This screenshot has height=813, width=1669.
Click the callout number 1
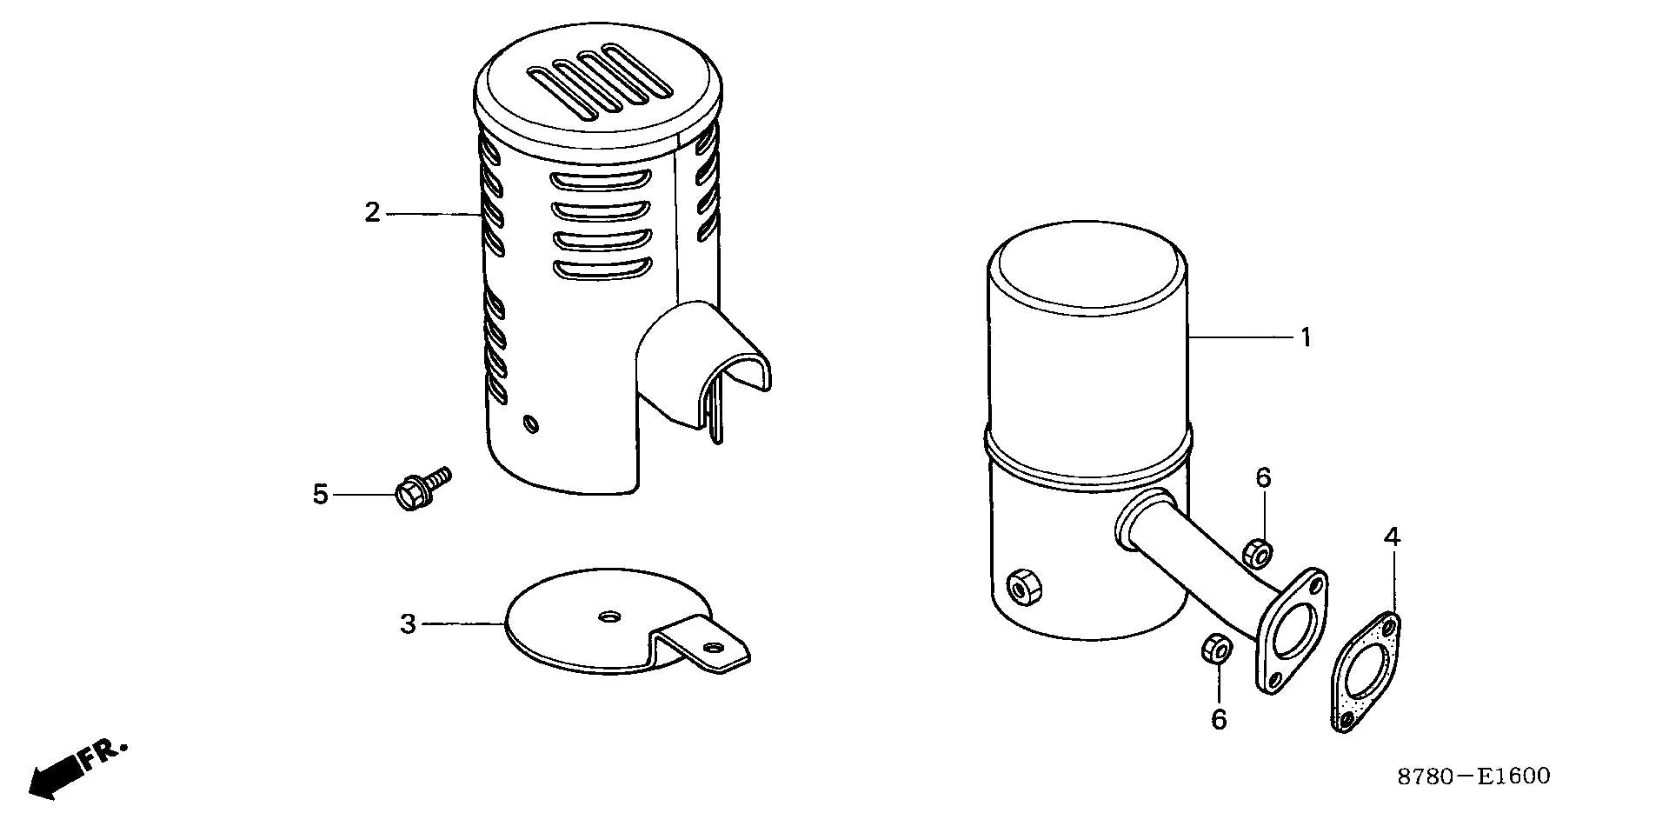(x=1305, y=337)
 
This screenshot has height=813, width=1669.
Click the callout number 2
(x=372, y=212)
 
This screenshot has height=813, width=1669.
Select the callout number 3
(x=408, y=624)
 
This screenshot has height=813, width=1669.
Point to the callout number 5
(x=321, y=495)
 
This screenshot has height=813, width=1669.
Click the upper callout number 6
(x=1263, y=477)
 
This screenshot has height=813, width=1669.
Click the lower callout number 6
(x=1219, y=720)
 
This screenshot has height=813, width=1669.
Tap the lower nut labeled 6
(x=1215, y=650)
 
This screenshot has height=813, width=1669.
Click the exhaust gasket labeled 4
(x=1366, y=672)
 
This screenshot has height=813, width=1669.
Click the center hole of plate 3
(x=608, y=616)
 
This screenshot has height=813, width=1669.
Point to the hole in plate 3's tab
(x=714, y=648)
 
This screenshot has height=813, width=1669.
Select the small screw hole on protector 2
(x=530, y=424)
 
